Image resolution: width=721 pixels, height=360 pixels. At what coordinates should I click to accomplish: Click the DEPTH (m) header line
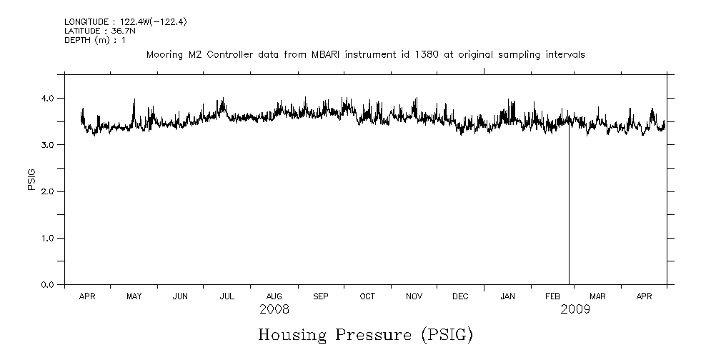95,40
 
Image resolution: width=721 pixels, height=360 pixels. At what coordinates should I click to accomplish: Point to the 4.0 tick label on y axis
48,98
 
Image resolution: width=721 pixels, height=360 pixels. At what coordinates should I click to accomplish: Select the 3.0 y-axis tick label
48,145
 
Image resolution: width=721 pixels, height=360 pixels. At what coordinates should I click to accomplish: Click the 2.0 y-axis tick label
48,191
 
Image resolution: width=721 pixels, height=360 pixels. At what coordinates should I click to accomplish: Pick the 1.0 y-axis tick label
48,238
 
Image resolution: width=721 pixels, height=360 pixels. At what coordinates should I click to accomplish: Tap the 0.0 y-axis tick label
48,285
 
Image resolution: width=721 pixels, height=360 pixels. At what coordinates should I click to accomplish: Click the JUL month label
227,296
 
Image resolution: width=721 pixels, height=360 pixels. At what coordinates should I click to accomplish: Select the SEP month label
320,296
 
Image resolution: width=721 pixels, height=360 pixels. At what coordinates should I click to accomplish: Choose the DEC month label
460,296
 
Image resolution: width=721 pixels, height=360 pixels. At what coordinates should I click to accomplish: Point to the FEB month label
554,296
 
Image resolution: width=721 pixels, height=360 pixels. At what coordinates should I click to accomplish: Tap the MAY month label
134,296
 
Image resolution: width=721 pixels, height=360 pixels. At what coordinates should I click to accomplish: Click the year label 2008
274,309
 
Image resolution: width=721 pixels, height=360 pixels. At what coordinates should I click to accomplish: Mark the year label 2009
575,309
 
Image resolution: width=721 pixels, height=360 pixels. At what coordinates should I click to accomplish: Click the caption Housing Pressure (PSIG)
365,334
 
